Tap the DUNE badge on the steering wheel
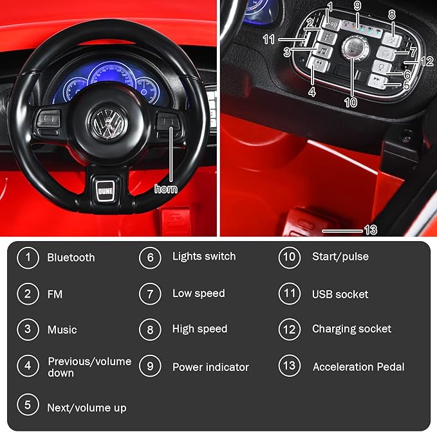[105, 190]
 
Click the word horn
[166, 189]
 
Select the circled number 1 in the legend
[28, 257]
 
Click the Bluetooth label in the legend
[71, 258]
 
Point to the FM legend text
[55, 294]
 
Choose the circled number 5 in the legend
[28, 405]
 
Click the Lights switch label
[203, 256]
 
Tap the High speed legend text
[200, 328]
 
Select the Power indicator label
[210, 367]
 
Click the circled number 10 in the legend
[290, 257]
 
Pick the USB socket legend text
[340, 294]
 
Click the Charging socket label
[351, 328]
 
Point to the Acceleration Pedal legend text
[358, 367]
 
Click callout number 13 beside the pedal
[370, 230]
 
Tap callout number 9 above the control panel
[357, 6]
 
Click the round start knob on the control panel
[352, 45]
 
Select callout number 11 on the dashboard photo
[269, 39]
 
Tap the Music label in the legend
[62, 330]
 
